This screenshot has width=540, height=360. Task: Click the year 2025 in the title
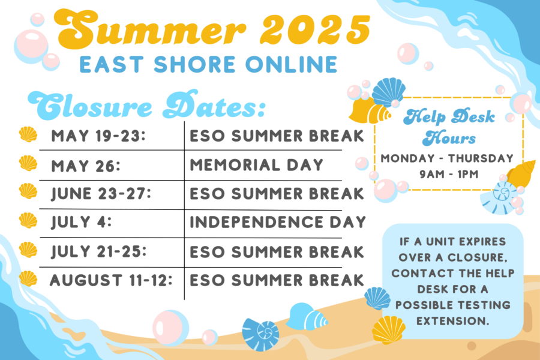coord(315,30)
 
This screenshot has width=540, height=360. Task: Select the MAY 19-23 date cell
coord(98,136)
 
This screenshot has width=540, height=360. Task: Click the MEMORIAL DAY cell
coord(257,164)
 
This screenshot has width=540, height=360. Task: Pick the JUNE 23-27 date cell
coord(101,194)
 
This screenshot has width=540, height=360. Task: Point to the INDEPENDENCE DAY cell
coord(278,222)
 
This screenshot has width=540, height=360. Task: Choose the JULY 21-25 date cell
coord(99,251)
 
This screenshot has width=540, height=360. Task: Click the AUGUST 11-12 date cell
coord(111,280)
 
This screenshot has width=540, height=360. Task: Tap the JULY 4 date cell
coord(81,222)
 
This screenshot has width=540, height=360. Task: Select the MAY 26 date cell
coord(86,166)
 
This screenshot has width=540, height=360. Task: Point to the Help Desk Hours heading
coord(449,127)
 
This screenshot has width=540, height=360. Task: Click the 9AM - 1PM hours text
coord(449,175)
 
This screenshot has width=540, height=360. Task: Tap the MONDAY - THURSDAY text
coord(447,158)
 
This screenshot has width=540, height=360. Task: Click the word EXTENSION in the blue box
coord(452,321)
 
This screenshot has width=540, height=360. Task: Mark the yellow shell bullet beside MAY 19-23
coord(28,134)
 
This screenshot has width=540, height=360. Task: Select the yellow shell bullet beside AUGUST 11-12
coord(28,278)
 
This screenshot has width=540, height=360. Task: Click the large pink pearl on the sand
coord(170,328)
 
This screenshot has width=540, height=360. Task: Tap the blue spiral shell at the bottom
coord(260,335)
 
